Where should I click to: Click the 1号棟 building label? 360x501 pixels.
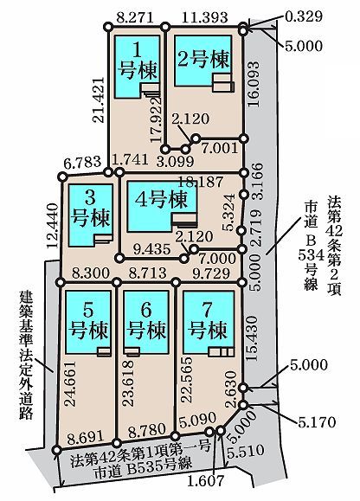coord(138,61)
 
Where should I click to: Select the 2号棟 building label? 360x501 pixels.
coord(203,59)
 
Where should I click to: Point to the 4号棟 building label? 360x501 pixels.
coord(161,200)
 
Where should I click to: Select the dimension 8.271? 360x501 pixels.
coord(135,17)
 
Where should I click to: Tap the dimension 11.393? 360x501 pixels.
coord(205,17)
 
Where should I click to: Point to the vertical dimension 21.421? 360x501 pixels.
coord(99,100)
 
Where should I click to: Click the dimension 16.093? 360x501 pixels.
coord(254,83)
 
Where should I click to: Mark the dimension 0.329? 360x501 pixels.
coord(303,16)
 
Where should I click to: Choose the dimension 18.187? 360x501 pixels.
coord(200,182)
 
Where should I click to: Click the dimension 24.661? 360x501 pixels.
coord(70,383)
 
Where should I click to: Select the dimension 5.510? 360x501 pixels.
coord(245,450)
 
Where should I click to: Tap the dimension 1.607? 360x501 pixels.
coord(205,481)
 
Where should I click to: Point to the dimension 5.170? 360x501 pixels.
coord(317,422)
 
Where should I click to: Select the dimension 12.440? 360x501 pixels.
coord(53,226)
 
